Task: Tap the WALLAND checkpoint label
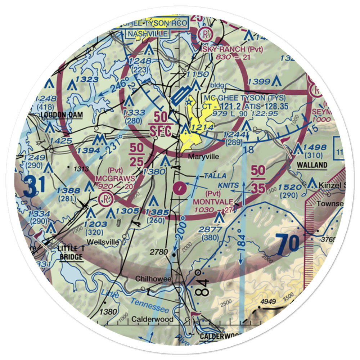(x=312, y=165)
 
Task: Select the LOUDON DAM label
(x=61, y=115)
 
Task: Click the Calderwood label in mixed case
(x=152, y=319)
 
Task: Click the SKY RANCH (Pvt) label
(x=233, y=49)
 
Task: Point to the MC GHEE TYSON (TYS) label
(x=244, y=98)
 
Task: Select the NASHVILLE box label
(x=148, y=34)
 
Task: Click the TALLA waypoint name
(x=215, y=175)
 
